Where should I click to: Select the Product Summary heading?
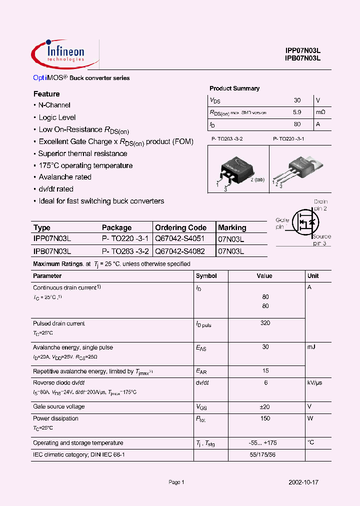click(x=234, y=88)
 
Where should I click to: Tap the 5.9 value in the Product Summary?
click(x=297, y=112)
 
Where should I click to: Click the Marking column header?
click(x=232, y=227)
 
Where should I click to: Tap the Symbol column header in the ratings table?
click(x=206, y=276)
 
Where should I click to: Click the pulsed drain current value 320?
click(x=265, y=323)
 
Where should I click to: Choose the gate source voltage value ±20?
click(x=265, y=406)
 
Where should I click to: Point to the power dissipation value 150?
click(x=265, y=418)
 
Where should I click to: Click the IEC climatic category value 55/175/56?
click(x=265, y=454)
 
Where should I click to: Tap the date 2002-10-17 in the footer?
click(x=303, y=482)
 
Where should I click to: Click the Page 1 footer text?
click(x=176, y=482)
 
